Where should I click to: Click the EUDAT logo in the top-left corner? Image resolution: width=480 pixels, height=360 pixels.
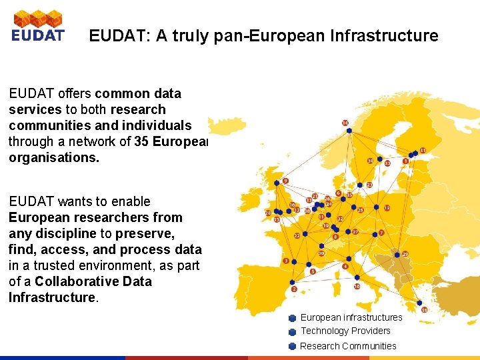coord(38,26)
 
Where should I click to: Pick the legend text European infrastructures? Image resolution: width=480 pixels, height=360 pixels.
coord(351,317)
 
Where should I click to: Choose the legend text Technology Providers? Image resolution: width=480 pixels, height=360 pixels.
coord(345,331)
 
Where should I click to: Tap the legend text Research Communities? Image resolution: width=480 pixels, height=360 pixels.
coord(348,346)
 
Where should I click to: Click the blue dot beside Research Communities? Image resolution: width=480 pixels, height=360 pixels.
coord(292,346)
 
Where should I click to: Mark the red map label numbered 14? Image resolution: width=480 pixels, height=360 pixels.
coord(345,123)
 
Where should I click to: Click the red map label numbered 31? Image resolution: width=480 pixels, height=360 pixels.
coord(423,151)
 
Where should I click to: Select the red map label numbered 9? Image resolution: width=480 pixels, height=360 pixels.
coord(285,181)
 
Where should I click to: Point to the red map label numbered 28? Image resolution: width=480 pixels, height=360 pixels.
coord(269,213)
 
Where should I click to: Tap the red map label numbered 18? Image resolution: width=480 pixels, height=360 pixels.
coord(424,310)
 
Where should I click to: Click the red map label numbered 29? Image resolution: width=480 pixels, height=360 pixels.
coord(405,254)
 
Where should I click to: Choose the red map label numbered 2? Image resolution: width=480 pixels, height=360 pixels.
coord(293,289)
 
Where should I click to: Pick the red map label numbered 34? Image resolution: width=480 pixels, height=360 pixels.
coord(371,161)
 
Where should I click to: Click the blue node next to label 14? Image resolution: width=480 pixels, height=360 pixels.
coord(349,131)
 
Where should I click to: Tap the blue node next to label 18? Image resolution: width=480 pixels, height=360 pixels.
coord(417,303)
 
